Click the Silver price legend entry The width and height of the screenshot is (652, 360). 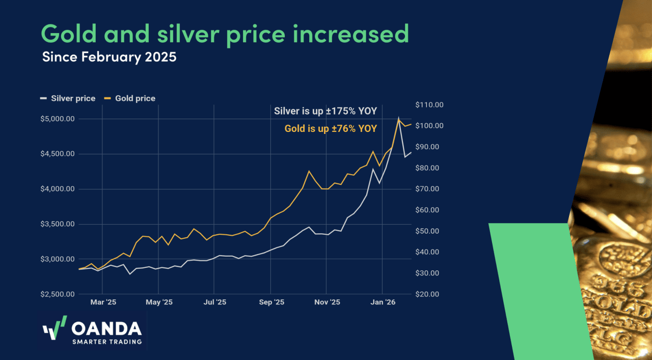click(x=68, y=98)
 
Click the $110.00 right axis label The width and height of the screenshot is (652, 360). click(x=429, y=105)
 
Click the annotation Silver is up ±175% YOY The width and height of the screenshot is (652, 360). click(x=325, y=111)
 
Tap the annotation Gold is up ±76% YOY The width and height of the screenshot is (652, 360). click(x=331, y=129)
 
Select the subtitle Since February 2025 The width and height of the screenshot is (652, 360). click(x=109, y=57)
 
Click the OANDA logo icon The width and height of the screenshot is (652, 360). click(x=55, y=329)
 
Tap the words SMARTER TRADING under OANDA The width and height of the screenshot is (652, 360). click(x=107, y=342)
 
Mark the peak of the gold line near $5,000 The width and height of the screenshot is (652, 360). click(x=398, y=119)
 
